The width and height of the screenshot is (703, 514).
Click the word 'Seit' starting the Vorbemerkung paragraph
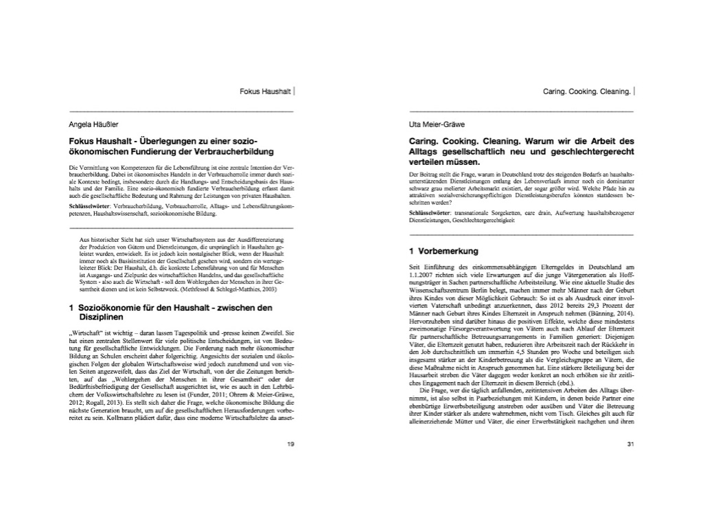coord(415,267)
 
